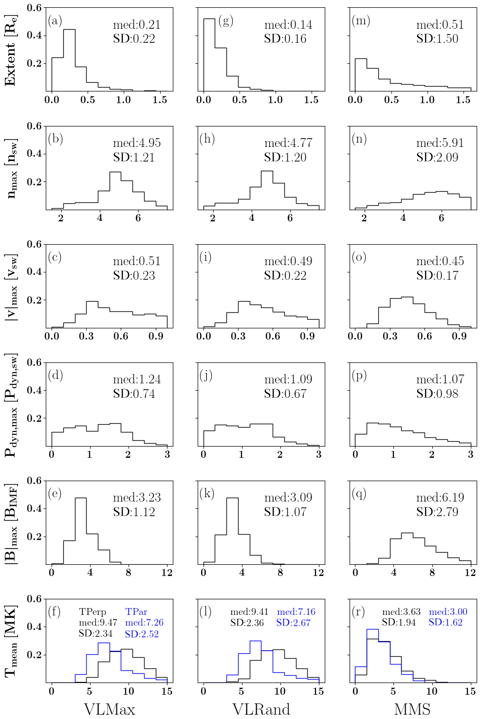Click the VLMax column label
point(110,709)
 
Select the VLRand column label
point(261,709)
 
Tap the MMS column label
point(412,709)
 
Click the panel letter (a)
point(55,21)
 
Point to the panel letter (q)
point(359,494)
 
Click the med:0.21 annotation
point(137,25)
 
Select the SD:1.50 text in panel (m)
point(437,39)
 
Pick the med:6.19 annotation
point(440,498)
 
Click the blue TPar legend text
point(136,612)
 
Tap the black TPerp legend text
point(93,612)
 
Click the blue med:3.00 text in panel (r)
point(448,612)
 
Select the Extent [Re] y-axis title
point(11,50)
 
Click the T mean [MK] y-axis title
point(11,641)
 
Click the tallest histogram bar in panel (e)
point(81,531)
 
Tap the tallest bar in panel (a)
point(69,60)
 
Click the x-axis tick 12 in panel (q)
point(470,573)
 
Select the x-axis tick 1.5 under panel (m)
point(463,100)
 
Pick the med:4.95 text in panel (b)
point(137,143)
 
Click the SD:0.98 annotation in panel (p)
point(437,394)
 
